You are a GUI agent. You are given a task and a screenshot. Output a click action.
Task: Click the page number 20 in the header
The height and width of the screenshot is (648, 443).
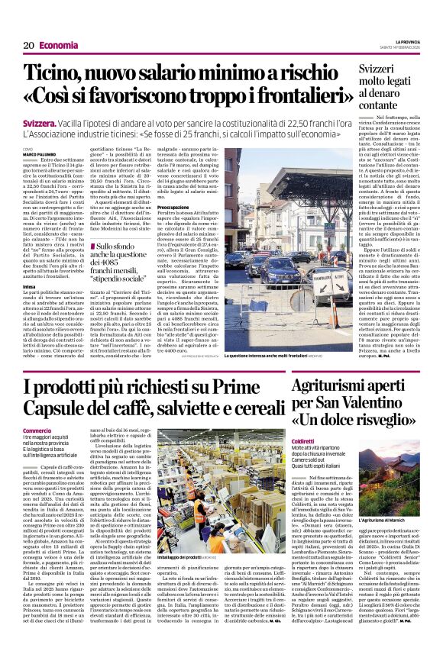28,46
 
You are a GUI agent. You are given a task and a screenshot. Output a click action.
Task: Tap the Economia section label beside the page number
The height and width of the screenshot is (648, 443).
58,46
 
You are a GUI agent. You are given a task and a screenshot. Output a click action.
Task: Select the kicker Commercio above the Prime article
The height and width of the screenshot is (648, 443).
37,430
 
